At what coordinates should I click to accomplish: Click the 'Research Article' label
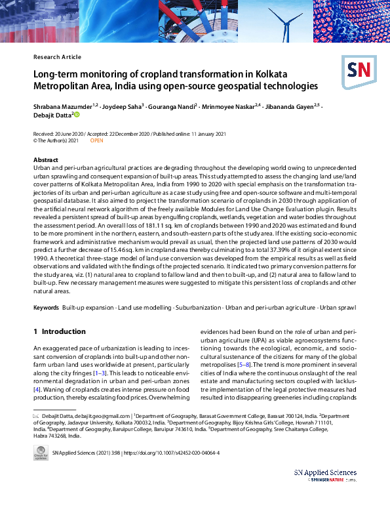57,57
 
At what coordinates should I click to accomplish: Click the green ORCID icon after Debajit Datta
77,115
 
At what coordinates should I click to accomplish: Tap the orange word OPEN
97,140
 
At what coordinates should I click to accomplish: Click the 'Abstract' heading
46,160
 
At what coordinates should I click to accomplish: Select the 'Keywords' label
46,308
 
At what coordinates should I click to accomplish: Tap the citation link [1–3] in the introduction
101,373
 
